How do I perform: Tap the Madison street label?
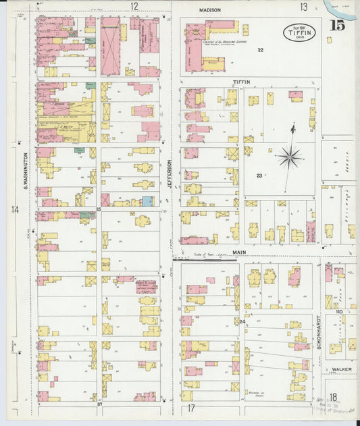point(210,10)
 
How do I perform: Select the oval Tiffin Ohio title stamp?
point(298,33)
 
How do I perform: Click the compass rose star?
point(290,157)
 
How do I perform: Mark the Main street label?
point(240,253)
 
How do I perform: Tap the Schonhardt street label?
point(319,331)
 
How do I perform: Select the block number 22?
point(260,51)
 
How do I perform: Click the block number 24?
point(242,321)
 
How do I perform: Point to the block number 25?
point(98,210)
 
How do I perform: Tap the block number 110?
point(339,312)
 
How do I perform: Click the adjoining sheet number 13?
point(304,7)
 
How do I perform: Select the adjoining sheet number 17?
point(191,408)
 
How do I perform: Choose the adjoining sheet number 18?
point(333,398)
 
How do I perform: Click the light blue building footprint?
point(147,201)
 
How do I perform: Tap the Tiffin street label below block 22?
point(241,82)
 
